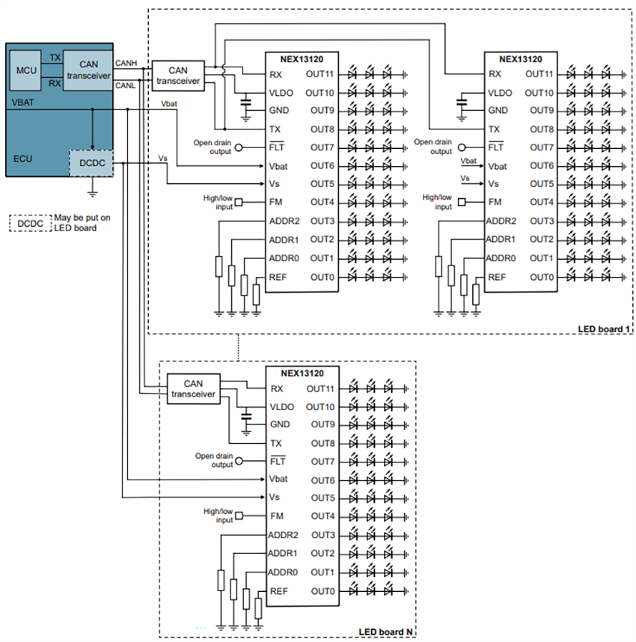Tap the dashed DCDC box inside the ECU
[91, 162]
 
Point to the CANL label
[125, 86]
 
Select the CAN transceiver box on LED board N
[194, 388]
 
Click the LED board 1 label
[605, 329]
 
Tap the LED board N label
[385, 632]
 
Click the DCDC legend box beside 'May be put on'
[29, 222]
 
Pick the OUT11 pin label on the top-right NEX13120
[539, 74]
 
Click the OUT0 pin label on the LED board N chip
[322, 591]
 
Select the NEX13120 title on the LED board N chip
[303, 372]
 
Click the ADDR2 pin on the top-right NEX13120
[501, 221]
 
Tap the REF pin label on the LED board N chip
[278, 591]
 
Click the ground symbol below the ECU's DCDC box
[91, 193]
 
